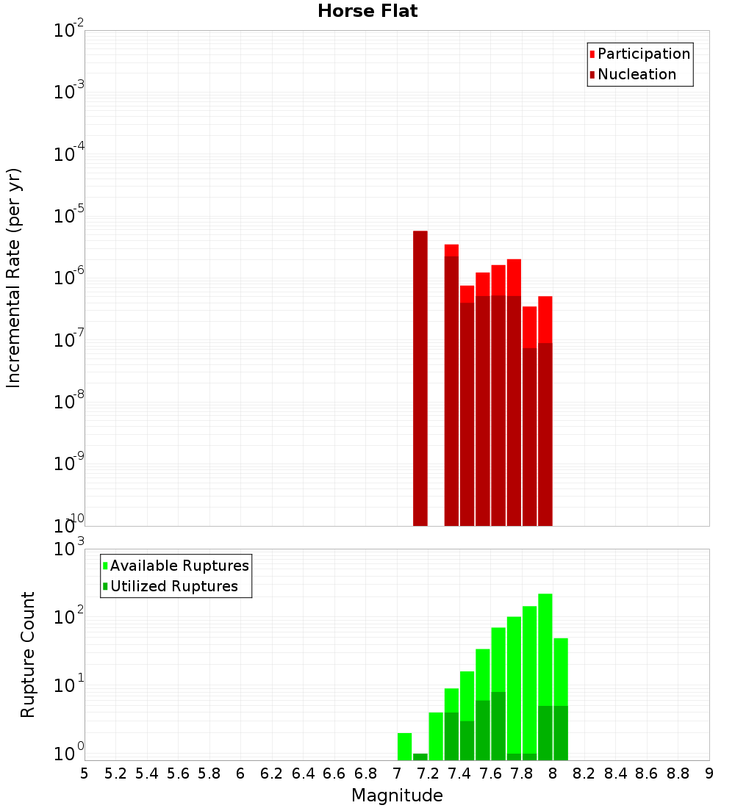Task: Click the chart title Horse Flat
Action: (367, 11)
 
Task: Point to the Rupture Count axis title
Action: (28, 654)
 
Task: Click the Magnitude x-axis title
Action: (397, 796)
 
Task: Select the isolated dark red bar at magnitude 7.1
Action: (420, 378)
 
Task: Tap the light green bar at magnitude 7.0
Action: (404, 746)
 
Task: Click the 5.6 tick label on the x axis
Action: (178, 773)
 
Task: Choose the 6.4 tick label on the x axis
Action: (303, 773)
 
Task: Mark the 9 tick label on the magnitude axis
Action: (709, 773)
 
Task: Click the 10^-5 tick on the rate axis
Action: (68, 217)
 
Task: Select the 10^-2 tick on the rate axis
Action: (68, 31)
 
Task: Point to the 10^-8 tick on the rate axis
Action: (68, 403)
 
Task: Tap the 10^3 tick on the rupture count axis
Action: (68, 549)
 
